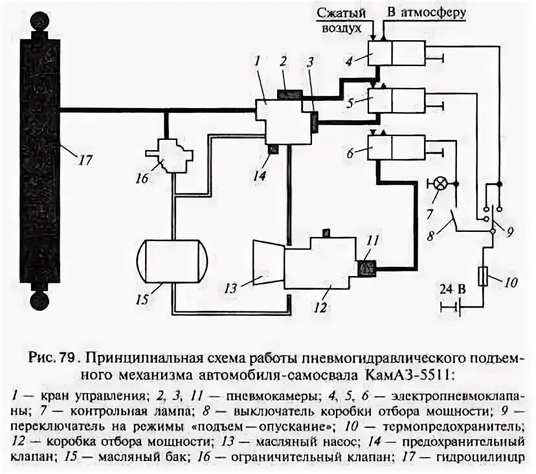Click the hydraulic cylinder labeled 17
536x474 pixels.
click(40, 162)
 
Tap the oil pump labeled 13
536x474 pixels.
click(267, 262)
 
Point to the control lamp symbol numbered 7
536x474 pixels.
click(436, 184)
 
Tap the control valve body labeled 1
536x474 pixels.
click(283, 120)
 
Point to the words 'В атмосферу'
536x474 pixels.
click(427, 12)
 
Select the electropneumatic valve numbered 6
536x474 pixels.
click(396, 148)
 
